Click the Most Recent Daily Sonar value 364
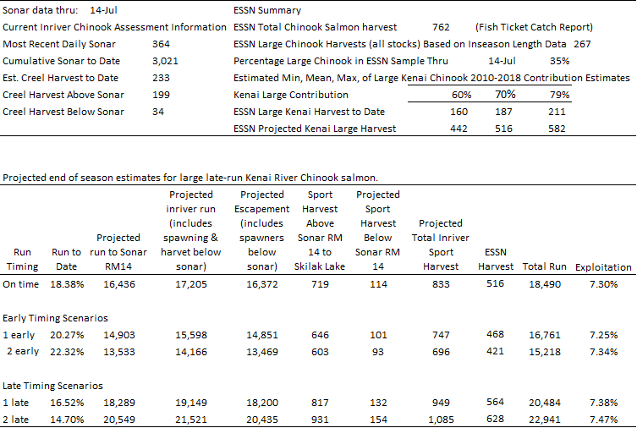tap(161, 44)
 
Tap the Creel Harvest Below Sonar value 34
tap(158, 112)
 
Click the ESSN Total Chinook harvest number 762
tap(440, 27)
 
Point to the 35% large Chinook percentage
tap(559, 61)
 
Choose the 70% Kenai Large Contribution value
tap(505, 95)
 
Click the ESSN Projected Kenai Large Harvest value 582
tap(559, 129)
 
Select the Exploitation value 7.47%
tap(600, 420)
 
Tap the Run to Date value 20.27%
tap(66, 335)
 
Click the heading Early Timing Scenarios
tap(55, 318)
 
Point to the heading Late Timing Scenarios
tap(52, 386)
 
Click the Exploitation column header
tap(603, 267)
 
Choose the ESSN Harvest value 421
tap(495, 352)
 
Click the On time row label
tap(20, 284)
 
